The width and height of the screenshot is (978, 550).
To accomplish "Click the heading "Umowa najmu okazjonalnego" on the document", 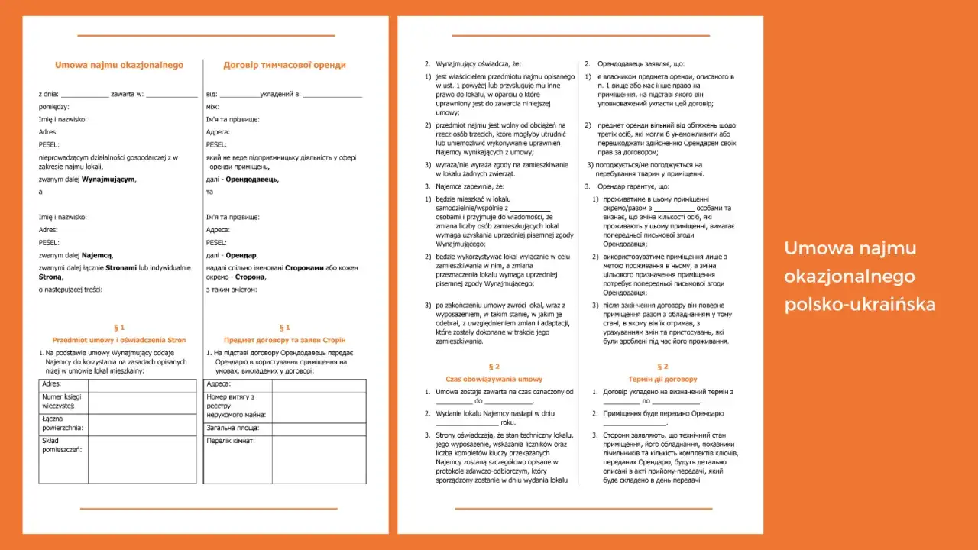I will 119,65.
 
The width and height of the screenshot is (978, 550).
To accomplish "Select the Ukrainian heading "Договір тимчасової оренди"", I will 285,65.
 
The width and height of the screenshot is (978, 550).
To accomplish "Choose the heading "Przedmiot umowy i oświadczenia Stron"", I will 119,340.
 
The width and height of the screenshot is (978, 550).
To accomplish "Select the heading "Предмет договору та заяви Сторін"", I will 285,340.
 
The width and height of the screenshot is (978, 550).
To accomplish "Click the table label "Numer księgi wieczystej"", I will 63,402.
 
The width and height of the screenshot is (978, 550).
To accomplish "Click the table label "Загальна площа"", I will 231,429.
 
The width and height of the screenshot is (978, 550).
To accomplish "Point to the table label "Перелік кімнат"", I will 231,442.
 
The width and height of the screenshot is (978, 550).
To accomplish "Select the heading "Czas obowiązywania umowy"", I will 494,379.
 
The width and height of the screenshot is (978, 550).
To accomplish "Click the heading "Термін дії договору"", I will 662,379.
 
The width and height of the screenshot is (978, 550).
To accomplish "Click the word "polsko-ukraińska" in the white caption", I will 860,305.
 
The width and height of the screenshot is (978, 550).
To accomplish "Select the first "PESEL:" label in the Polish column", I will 49,144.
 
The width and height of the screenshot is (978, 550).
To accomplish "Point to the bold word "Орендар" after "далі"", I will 241,255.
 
